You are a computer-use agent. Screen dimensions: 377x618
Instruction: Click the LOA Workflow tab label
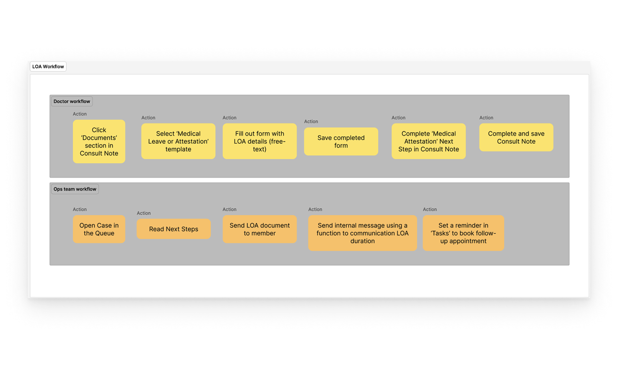click(x=48, y=67)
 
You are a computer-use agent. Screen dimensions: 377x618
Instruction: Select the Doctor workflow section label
click(x=72, y=101)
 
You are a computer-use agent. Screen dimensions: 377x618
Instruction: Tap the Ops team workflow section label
click(x=75, y=189)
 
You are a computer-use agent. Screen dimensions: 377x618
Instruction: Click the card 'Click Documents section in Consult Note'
click(x=99, y=141)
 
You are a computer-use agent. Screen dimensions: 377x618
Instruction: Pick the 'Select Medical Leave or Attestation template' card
click(x=178, y=141)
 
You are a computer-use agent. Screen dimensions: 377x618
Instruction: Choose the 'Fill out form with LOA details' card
click(x=259, y=141)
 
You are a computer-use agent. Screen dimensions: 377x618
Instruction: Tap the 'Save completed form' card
click(x=341, y=141)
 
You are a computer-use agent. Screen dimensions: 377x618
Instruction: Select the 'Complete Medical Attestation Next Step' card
click(x=428, y=141)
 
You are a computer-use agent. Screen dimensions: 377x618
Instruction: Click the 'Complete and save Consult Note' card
click(x=516, y=138)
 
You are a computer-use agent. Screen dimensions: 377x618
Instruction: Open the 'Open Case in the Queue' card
click(x=99, y=229)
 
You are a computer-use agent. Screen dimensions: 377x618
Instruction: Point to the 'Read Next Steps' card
click(x=174, y=229)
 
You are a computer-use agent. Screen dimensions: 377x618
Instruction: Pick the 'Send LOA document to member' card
click(x=259, y=229)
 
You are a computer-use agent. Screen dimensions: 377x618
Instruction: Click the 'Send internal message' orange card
click(x=362, y=233)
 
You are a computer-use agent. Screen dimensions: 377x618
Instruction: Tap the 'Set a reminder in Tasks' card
click(x=463, y=233)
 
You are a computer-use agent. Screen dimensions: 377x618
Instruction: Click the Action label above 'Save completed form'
click(x=311, y=121)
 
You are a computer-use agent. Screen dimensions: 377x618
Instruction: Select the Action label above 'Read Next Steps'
click(x=143, y=213)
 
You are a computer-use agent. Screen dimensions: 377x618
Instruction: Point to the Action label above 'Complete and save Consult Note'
click(x=486, y=118)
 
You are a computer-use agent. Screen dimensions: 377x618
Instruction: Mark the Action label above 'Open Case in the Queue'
click(x=80, y=209)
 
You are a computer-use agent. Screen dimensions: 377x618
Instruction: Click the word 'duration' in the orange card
click(x=362, y=241)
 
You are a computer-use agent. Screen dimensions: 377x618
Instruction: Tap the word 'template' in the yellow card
click(x=178, y=149)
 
